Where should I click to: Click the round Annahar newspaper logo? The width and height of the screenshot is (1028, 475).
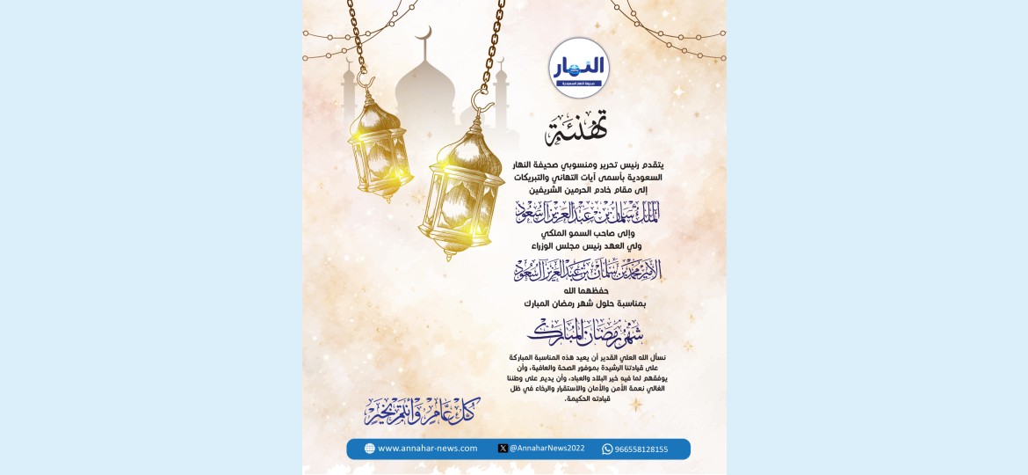tap(579, 68)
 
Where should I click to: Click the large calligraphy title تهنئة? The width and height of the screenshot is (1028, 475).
tap(577, 129)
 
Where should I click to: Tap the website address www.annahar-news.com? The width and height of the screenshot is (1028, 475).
tap(428, 449)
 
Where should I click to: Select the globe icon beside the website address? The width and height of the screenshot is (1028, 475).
tap(370, 449)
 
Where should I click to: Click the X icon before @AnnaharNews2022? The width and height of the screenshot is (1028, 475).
tap(503, 449)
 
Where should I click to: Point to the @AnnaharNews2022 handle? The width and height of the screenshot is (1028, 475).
tap(547, 449)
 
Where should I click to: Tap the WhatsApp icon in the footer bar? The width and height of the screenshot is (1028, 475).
tap(607, 449)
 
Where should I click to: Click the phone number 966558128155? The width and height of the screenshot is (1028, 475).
tap(641, 449)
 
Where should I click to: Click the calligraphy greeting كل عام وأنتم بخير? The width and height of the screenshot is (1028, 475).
tap(423, 410)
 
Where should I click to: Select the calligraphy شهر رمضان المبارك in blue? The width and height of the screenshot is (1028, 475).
tap(586, 332)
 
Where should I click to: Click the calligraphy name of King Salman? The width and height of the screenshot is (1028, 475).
tap(587, 212)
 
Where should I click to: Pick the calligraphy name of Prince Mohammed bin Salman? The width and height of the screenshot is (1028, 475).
tap(587, 270)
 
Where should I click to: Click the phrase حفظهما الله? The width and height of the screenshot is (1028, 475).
tap(586, 291)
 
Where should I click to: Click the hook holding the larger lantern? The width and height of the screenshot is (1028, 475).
tap(482, 99)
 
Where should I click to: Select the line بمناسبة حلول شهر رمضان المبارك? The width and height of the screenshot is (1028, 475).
tap(585, 303)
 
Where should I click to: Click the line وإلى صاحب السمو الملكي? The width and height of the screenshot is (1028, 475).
tap(587, 233)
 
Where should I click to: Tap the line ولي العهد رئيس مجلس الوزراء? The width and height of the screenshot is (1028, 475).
tap(586, 246)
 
